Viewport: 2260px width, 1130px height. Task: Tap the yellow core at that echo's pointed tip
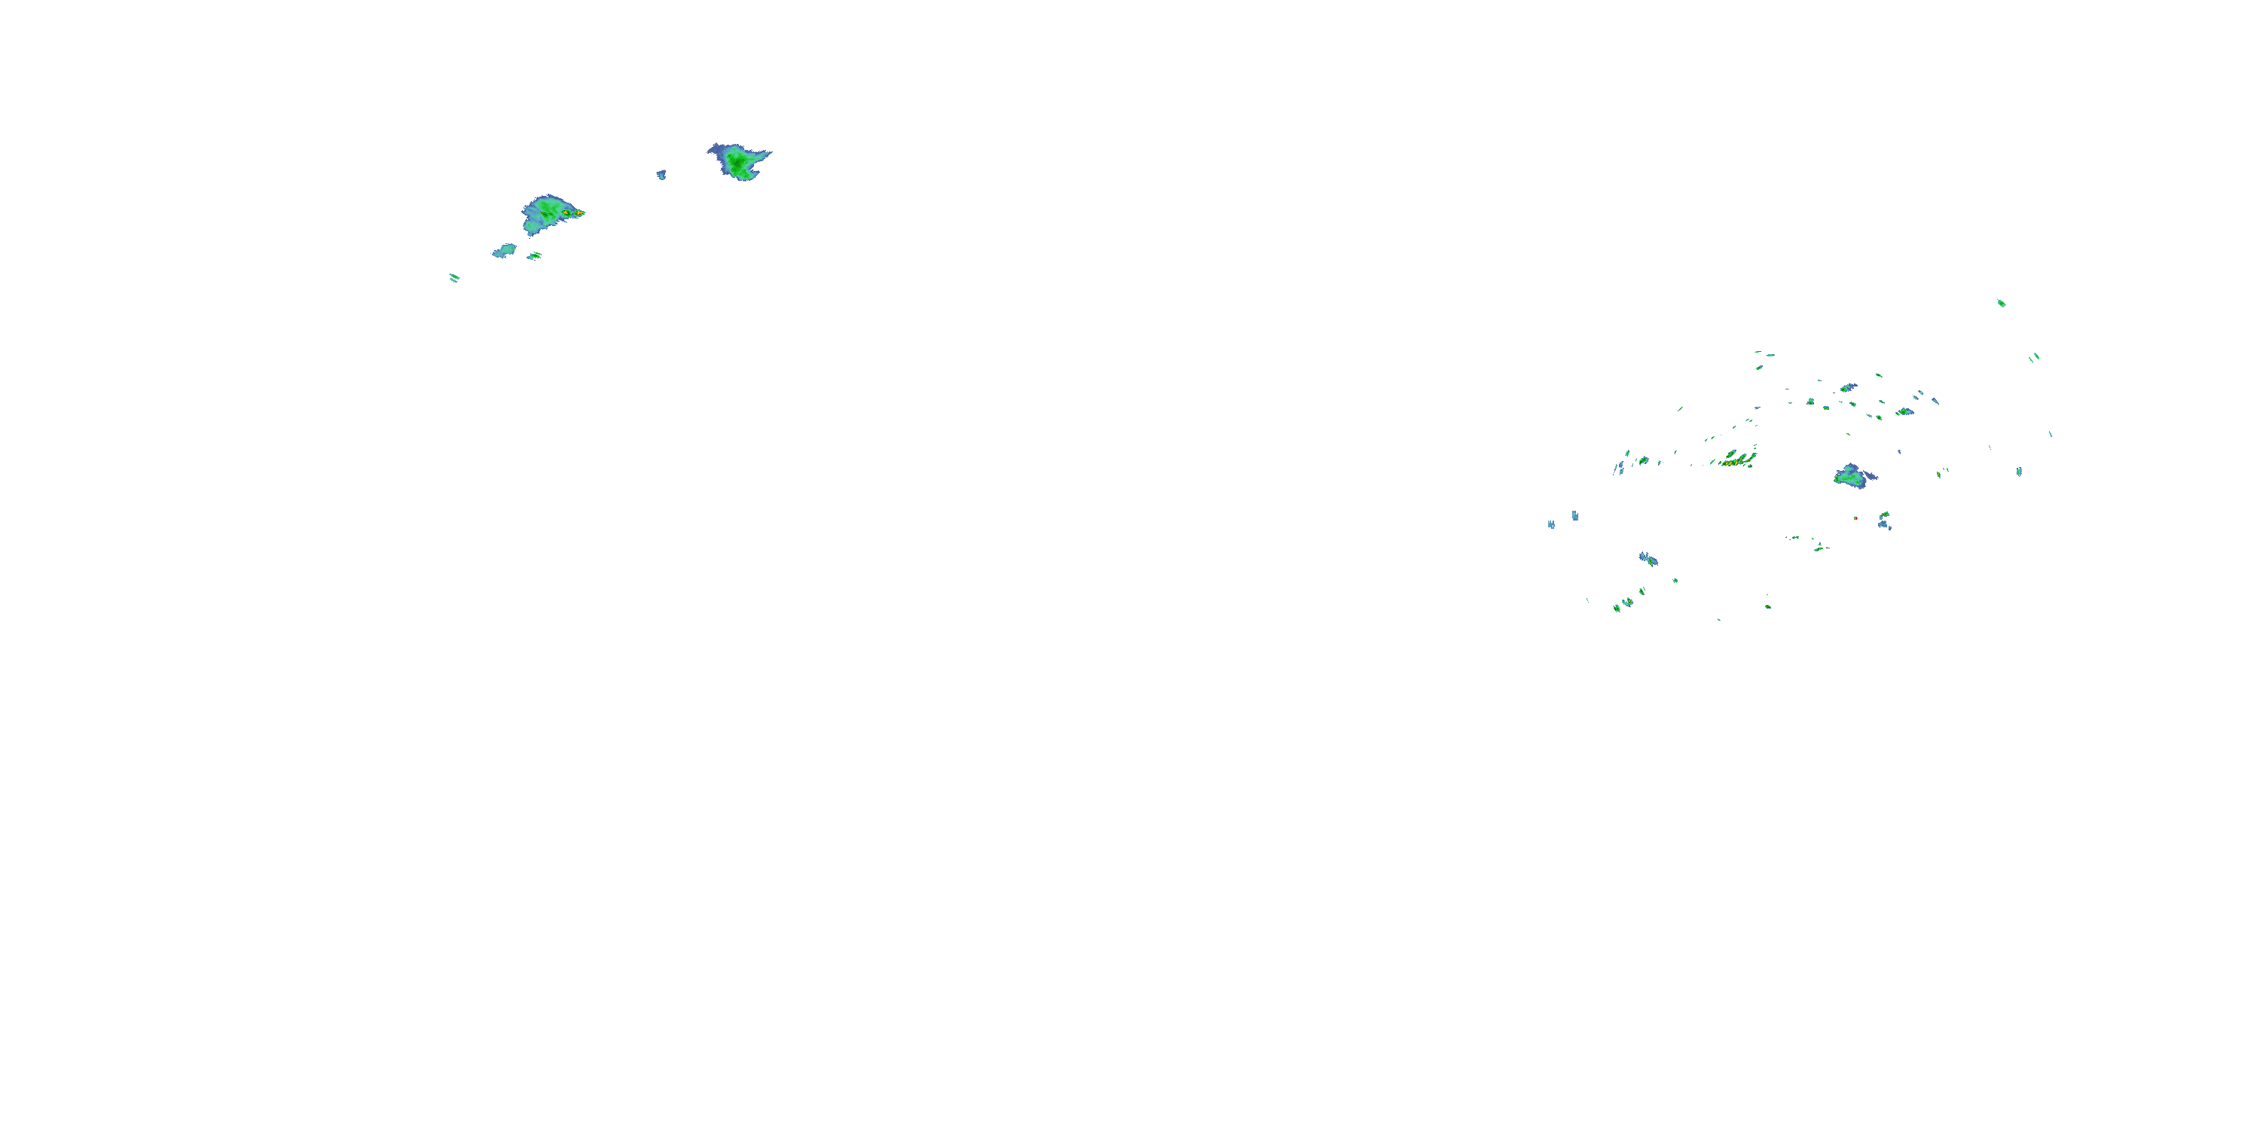click(577, 213)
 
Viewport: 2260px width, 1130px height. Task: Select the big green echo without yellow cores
click(739, 160)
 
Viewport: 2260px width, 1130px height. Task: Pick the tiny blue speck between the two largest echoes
click(661, 175)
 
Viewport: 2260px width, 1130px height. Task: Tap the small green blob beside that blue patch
click(533, 255)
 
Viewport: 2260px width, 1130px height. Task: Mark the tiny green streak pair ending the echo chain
click(454, 278)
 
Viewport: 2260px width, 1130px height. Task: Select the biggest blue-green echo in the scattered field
click(1850, 476)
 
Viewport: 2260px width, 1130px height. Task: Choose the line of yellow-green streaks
click(1737, 459)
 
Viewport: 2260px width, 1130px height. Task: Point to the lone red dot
click(1855, 518)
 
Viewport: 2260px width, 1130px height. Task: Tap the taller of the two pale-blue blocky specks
click(1574, 516)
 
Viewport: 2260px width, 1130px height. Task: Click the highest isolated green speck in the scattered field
click(2001, 304)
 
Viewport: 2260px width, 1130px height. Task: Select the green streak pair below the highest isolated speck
click(2034, 357)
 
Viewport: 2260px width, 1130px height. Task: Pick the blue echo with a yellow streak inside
click(1904, 411)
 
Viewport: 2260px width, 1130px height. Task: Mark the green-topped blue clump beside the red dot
click(1883, 521)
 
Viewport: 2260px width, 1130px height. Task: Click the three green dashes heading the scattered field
click(1763, 356)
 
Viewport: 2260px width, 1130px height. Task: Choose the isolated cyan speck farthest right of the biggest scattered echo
click(2019, 471)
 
